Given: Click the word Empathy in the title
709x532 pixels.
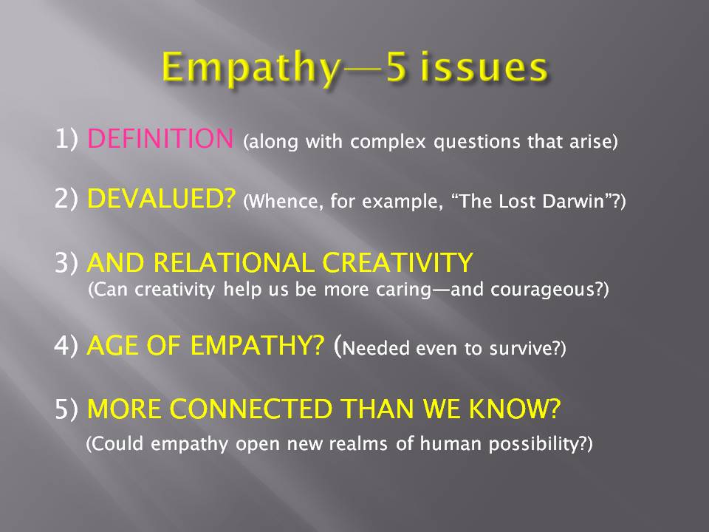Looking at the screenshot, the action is coord(251,69).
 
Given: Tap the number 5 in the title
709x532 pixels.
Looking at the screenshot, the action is coord(397,67).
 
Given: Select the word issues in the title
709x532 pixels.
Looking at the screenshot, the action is coord(484,67).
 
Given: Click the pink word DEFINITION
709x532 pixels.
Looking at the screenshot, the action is coord(160,138).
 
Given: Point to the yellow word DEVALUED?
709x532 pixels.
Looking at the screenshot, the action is coord(162,199).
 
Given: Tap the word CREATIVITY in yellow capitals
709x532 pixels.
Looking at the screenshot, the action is coord(397,263).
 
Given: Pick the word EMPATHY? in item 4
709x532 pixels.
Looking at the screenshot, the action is coord(257,346).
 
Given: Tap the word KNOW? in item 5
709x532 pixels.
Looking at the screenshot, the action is coord(514,409).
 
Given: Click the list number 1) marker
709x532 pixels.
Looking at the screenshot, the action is coord(66,138).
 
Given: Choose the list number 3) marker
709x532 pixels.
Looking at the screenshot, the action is coord(66,263).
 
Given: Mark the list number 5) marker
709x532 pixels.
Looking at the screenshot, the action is coord(66,409).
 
